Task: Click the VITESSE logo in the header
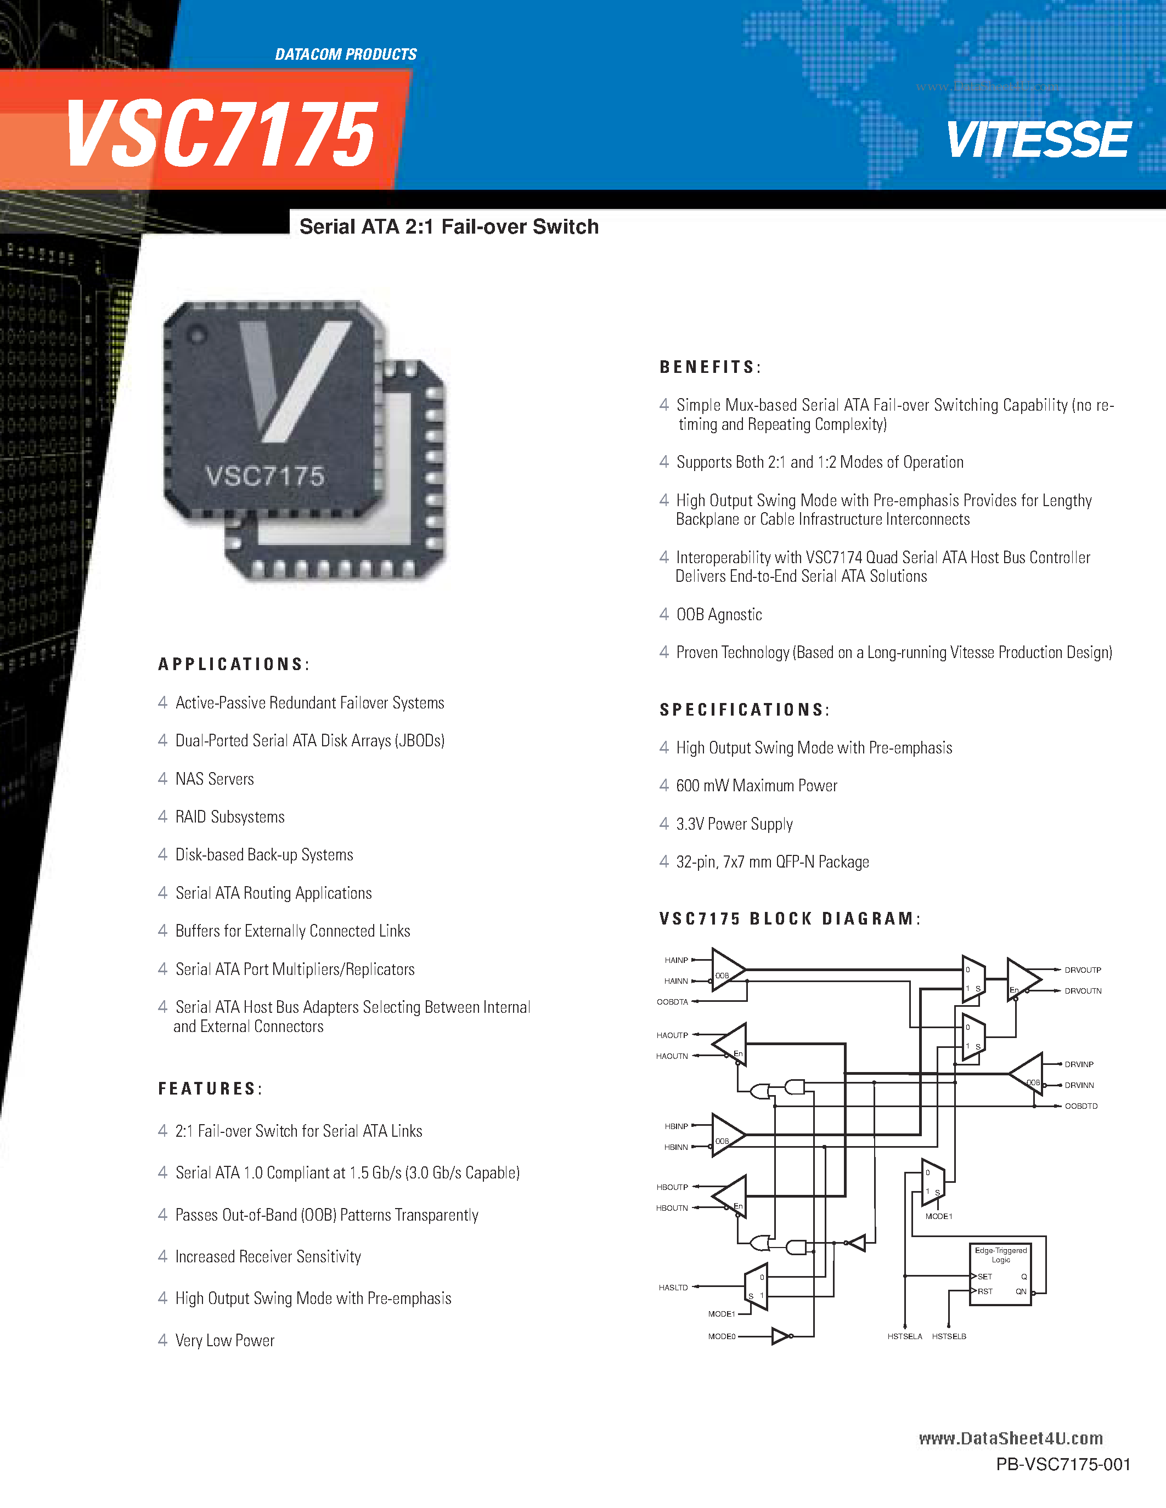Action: pos(1038,140)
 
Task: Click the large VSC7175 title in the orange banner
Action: pos(221,133)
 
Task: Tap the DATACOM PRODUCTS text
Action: pos(345,54)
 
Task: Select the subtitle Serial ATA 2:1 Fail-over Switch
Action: pos(449,227)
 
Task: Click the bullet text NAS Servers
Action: pos(214,779)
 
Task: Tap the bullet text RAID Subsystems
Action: pos(229,817)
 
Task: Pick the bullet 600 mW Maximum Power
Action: pos(756,786)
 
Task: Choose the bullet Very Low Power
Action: pos(224,1341)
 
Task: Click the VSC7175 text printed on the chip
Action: pos(265,477)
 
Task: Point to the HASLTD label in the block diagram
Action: pos(673,1288)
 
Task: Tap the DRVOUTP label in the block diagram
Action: pos(1083,970)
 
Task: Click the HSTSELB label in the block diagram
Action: pos(948,1337)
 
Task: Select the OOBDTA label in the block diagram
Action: pos(672,1002)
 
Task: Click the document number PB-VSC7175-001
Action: pos(1063,1465)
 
